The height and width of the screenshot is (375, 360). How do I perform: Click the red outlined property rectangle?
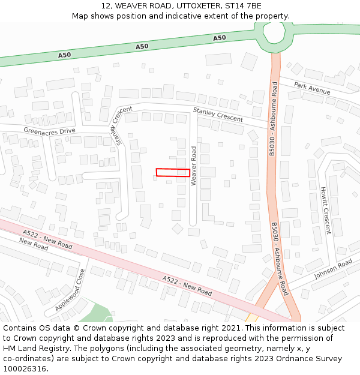coord(173,172)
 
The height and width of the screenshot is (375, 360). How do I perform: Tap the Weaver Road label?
coord(194,165)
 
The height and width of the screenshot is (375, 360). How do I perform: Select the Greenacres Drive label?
coord(50,130)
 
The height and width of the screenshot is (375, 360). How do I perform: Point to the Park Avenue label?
coord(312,89)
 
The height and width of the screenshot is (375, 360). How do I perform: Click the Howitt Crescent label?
coord(325,210)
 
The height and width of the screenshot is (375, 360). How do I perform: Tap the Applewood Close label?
coord(71,289)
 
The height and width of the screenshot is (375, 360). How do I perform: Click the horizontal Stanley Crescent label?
coord(218,115)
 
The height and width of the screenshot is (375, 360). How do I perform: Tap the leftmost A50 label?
coord(64,55)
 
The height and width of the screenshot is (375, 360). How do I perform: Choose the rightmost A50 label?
coord(220,38)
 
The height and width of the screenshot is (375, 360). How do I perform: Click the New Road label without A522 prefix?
coord(34,244)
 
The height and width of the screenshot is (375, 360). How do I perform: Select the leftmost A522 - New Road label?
coord(47,239)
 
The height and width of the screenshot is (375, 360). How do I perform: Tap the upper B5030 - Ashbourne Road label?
coord(273,119)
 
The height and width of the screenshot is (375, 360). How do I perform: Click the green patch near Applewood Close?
coord(96,314)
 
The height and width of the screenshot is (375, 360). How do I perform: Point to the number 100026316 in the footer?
coord(26,368)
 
